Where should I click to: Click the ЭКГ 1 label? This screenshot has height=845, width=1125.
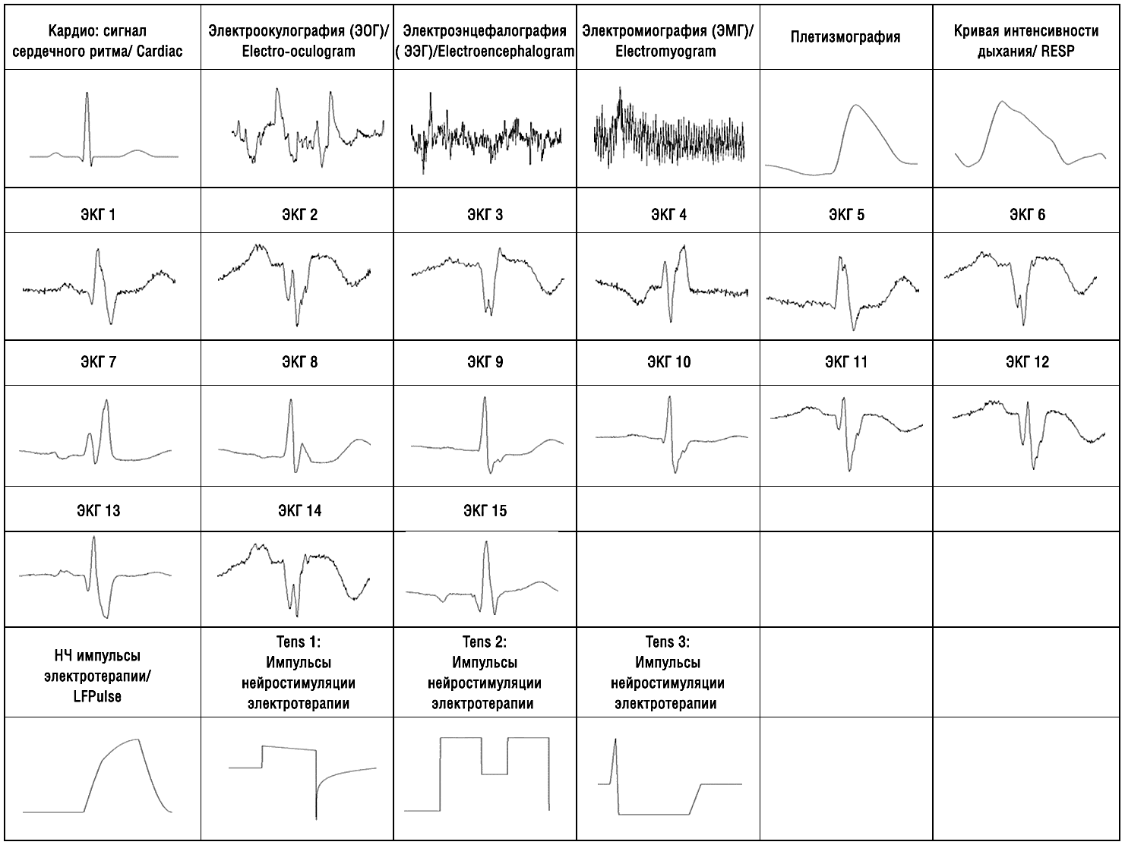(x=99, y=215)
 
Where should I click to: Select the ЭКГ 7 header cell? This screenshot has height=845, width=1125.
(x=99, y=362)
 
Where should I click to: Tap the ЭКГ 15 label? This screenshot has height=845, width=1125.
(x=485, y=511)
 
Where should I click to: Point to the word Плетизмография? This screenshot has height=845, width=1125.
(x=845, y=37)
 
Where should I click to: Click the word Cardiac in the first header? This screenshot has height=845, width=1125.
(x=160, y=52)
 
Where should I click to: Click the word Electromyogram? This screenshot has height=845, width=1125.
(x=665, y=52)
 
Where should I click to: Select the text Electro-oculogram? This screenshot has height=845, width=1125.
(x=299, y=52)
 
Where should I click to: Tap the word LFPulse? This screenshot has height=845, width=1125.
(x=93, y=696)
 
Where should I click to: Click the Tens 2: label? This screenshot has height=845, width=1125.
(x=485, y=642)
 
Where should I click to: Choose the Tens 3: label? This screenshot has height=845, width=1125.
(x=668, y=642)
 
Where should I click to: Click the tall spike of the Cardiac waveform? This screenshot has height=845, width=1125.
(x=87, y=95)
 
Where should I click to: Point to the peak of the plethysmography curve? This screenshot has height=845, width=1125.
(x=857, y=106)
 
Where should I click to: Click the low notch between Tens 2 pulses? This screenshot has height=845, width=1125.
(x=495, y=774)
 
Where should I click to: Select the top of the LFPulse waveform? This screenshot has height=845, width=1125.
(x=137, y=739)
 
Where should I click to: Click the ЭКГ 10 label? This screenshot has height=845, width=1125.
(x=669, y=362)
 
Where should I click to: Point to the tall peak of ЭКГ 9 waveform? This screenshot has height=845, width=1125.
(x=484, y=399)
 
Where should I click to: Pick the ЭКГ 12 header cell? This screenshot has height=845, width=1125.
(x=1027, y=362)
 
